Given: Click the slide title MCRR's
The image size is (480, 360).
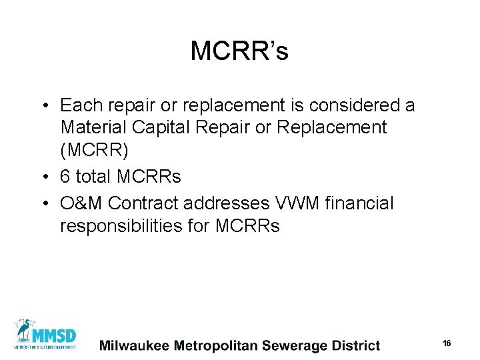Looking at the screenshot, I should pos(239,51).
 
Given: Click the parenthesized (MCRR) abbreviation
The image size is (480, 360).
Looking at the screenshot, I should pos(94,150).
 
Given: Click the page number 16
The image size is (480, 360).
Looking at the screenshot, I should pos(447,343).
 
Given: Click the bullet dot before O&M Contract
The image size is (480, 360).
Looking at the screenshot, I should pos(44,203).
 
